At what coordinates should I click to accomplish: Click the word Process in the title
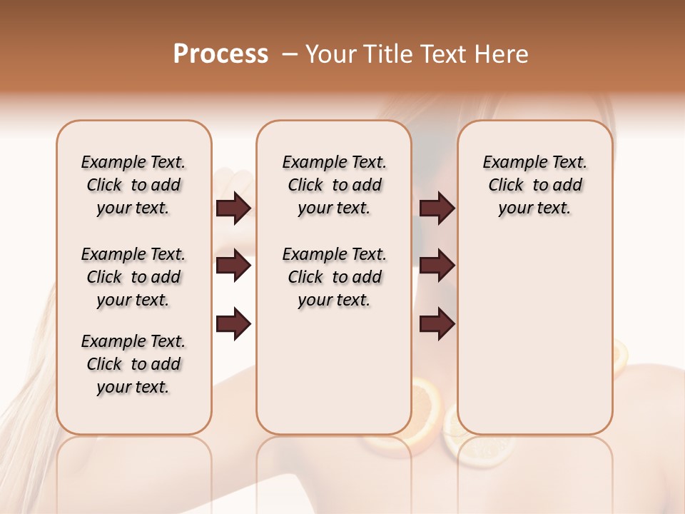pos(220,54)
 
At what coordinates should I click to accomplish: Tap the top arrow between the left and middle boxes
pos(233,208)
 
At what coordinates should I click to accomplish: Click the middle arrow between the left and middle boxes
pos(233,266)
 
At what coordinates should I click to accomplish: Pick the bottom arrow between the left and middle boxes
pos(233,323)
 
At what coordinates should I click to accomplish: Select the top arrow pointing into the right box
pos(437,208)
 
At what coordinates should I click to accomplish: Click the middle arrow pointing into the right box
pos(437,266)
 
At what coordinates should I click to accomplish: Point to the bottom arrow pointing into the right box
pos(437,323)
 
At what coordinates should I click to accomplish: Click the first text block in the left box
pos(133,185)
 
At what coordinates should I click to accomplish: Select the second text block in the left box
pos(133,277)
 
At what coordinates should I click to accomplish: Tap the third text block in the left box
pos(133,364)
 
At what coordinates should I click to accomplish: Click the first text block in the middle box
pos(334,185)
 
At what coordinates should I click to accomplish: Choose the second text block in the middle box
pos(334,277)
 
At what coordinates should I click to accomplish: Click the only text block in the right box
pos(534,185)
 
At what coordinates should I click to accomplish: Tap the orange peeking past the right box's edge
pos(620,357)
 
